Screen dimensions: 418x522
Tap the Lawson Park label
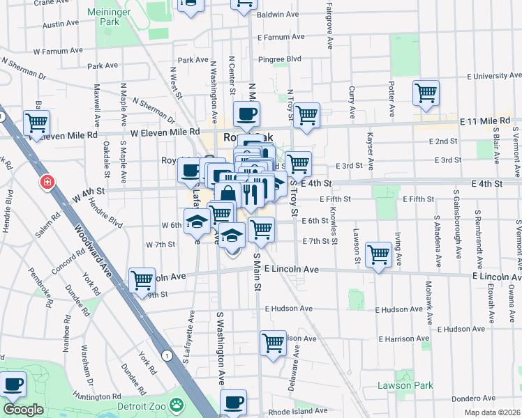pyautogui.click(x=405, y=385)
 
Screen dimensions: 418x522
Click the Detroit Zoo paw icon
pyautogui.click(x=179, y=404)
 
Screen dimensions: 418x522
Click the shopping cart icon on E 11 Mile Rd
pyautogui.click(x=426, y=93)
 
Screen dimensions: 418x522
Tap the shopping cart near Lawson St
pyautogui.click(x=378, y=254)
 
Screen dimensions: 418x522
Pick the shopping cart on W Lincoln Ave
pyautogui.click(x=142, y=280)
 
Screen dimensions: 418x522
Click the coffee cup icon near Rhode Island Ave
pyautogui.click(x=233, y=401)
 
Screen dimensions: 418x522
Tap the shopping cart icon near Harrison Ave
pyautogui.click(x=273, y=342)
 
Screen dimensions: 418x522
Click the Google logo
pyautogui.click(x=22, y=410)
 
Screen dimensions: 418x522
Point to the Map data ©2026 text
pyautogui.click(x=492, y=412)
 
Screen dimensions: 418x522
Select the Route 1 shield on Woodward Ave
pyautogui.click(x=166, y=355)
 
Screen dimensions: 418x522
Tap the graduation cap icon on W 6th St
pyautogui.click(x=197, y=224)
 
